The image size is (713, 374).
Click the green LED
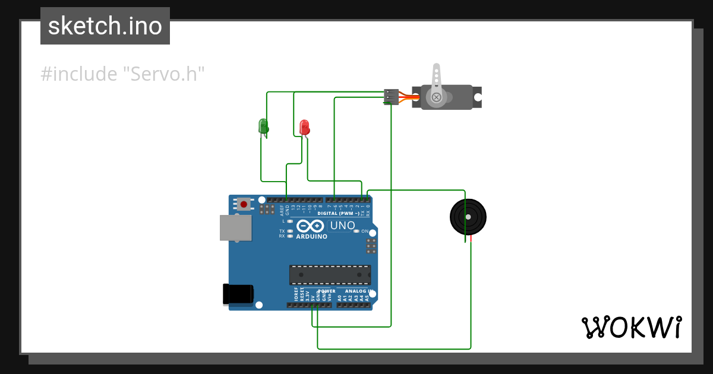(263, 126)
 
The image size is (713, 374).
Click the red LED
(304, 127)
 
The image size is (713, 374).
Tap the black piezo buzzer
(468, 217)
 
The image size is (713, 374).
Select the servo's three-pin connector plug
(391, 96)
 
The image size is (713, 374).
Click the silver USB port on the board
(235, 227)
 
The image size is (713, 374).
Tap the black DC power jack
(238, 295)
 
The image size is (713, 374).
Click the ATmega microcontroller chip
(330, 275)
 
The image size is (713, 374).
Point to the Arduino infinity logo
(310, 226)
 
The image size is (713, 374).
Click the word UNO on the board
(342, 226)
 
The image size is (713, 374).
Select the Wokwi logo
(631, 327)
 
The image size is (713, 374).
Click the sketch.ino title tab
(105, 26)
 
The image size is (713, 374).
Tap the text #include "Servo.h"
(122, 74)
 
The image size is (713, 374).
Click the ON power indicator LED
(356, 231)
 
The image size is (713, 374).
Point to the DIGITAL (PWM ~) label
(338, 213)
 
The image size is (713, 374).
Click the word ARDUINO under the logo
(311, 236)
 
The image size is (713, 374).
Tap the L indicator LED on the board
(290, 221)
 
